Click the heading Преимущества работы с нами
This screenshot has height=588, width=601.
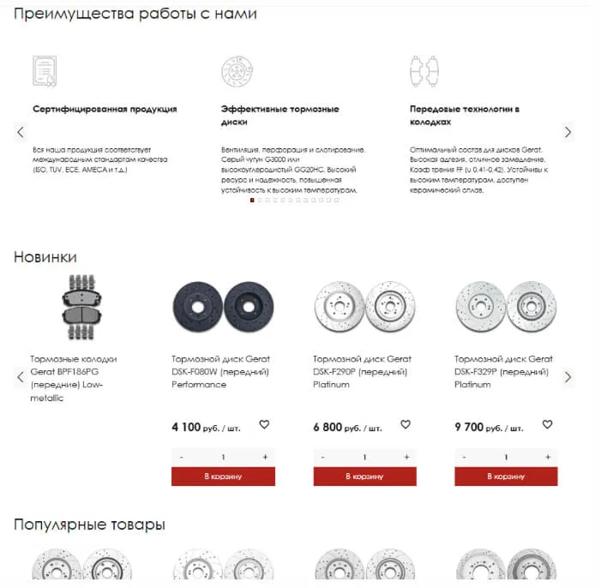(x=135, y=14)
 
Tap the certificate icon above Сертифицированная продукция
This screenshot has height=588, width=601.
(x=44, y=70)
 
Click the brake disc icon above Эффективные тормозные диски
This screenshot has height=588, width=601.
(x=237, y=70)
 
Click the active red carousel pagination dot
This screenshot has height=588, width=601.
(x=251, y=200)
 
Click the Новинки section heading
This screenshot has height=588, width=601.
(x=45, y=256)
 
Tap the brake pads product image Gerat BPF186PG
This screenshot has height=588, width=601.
(x=81, y=307)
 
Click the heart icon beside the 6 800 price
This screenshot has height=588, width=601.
(x=406, y=424)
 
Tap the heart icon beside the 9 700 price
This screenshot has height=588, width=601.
(x=547, y=424)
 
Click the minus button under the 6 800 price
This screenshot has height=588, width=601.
(x=323, y=457)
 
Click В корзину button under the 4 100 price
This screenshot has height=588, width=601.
(x=223, y=476)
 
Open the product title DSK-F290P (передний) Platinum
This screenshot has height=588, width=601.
(x=361, y=372)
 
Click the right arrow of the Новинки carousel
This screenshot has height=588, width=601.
(x=568, y=377)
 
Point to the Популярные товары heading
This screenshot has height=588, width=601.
(x=89, y=524)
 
